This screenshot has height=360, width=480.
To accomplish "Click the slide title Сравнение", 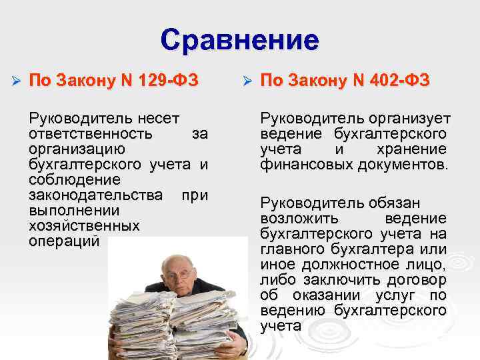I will click(x=239, y=40).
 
